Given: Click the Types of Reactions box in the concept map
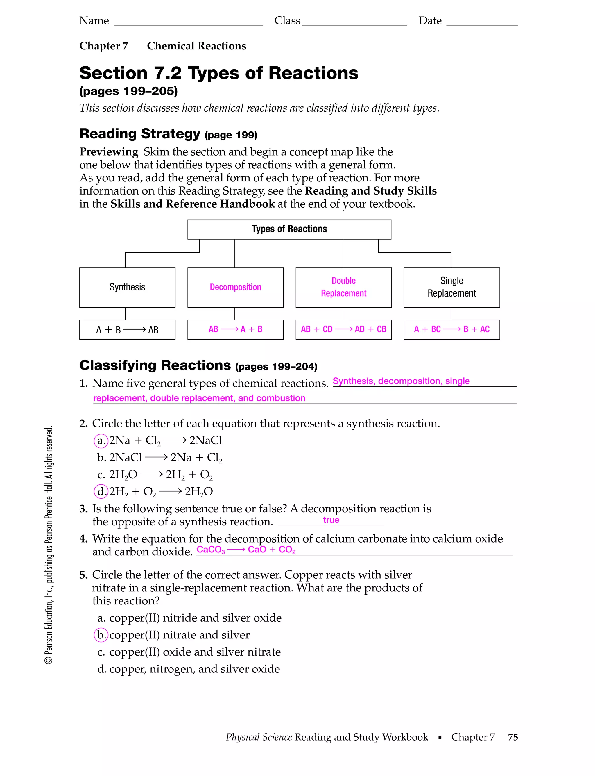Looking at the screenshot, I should point(289,229).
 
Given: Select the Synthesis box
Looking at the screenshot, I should point(127,287).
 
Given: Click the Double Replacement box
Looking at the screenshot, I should point(343,287).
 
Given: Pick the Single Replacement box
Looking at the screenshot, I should point(451,287).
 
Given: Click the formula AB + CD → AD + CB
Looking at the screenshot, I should point(343,329).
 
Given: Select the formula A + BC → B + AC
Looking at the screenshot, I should point(451,329).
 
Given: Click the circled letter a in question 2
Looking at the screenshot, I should point(101,441).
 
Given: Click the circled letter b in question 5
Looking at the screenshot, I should point(101,635).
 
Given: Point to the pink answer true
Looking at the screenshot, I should point(331,520).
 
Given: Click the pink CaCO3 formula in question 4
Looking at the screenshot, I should point(211,550).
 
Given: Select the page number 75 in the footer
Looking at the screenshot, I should point(512,737).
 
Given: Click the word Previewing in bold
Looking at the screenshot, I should point(109,152).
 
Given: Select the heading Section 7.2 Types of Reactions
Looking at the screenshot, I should point(218,73).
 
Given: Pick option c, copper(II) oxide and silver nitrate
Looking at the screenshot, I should point(189,652).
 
